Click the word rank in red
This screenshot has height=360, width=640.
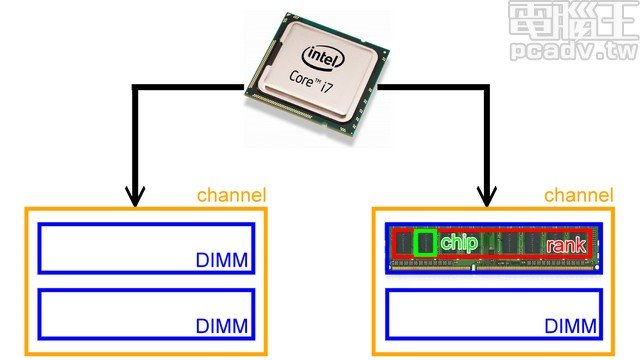566,243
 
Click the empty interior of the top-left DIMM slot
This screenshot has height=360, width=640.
120,247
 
